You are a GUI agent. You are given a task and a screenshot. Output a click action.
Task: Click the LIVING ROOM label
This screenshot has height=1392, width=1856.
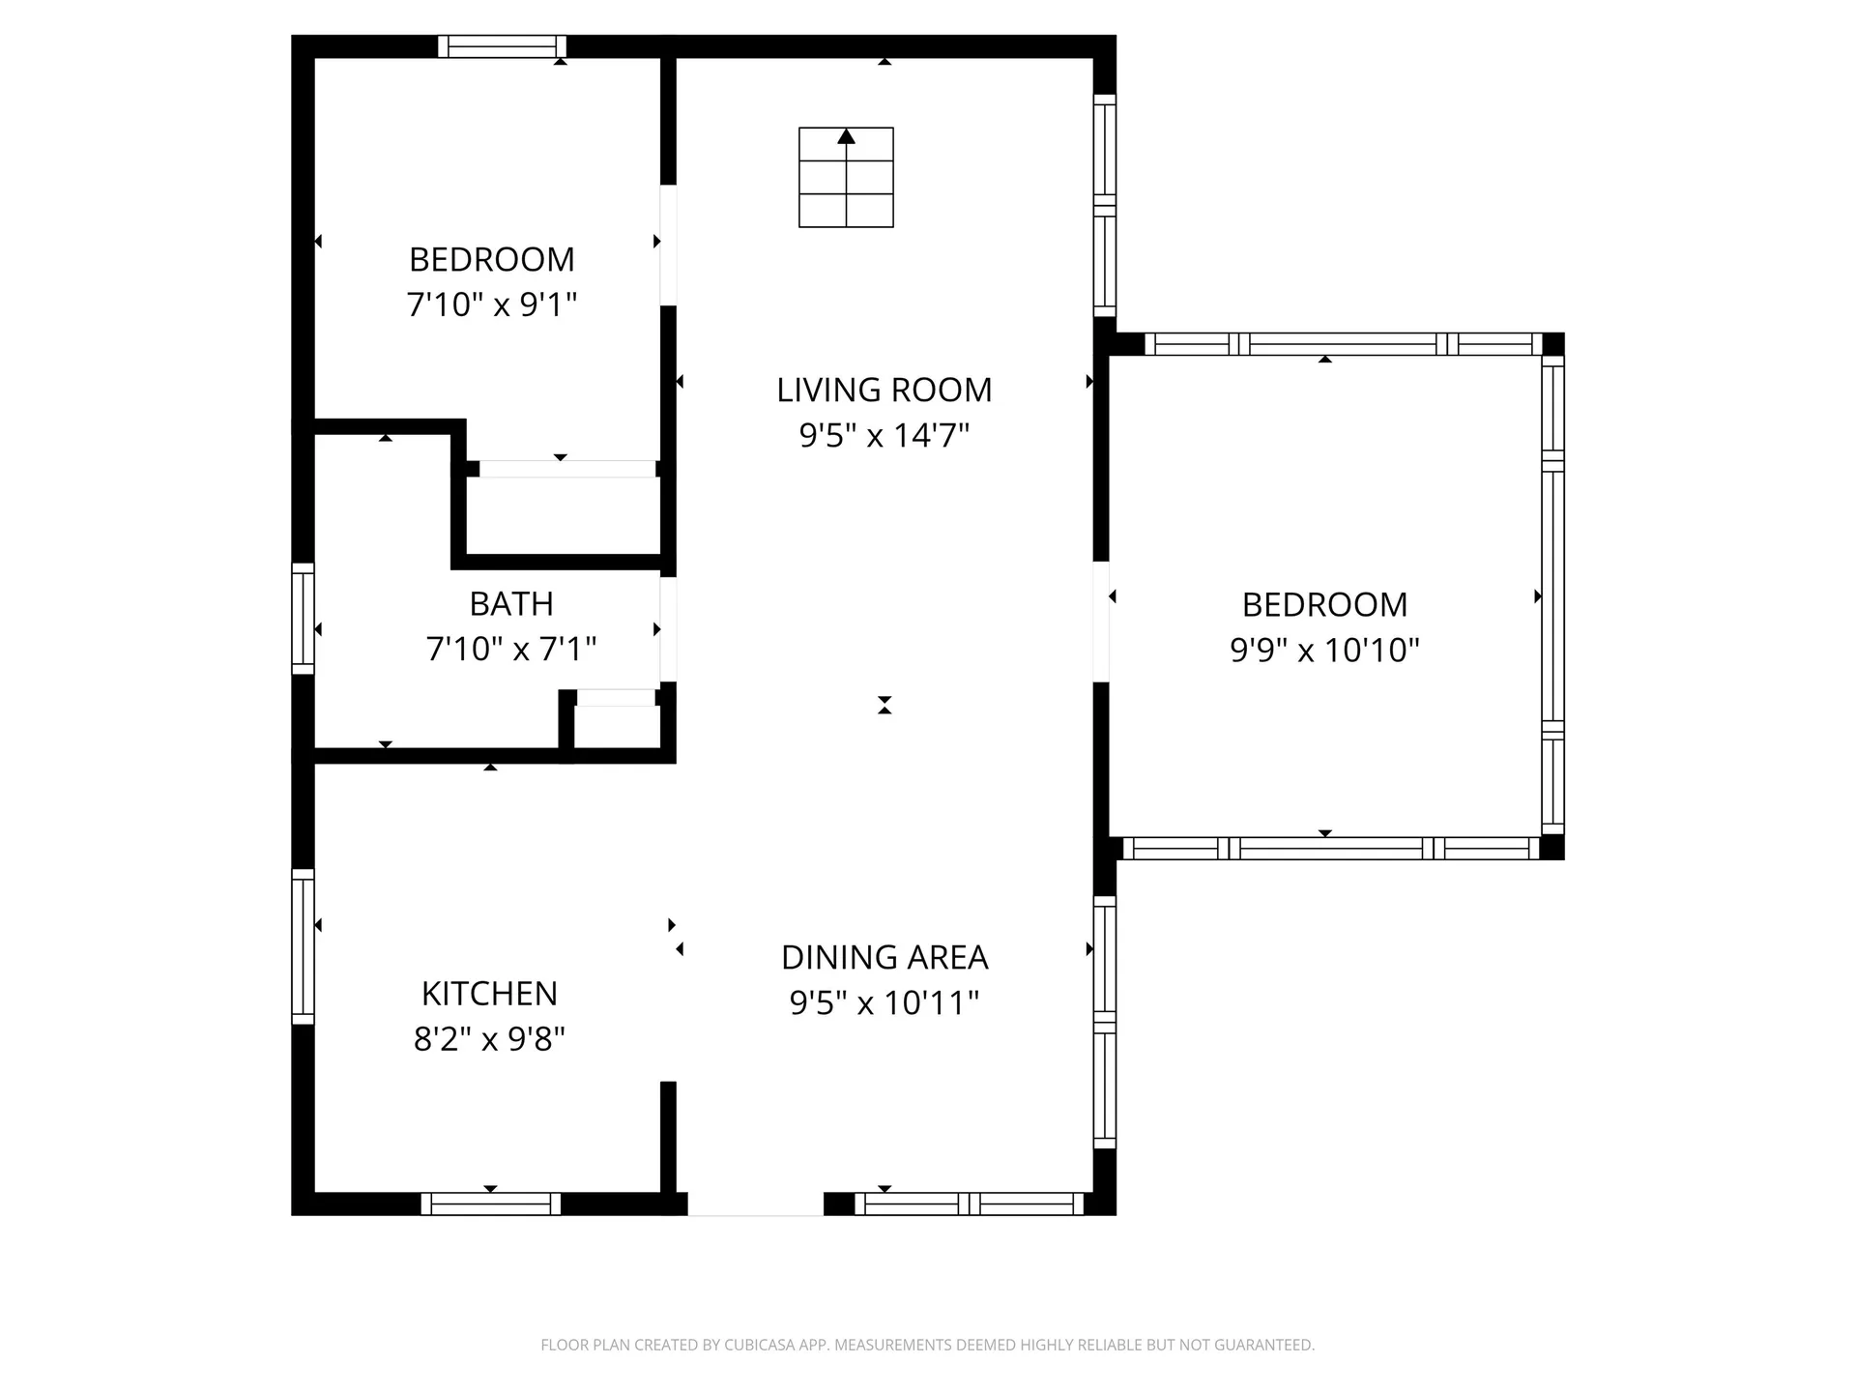(884, 390)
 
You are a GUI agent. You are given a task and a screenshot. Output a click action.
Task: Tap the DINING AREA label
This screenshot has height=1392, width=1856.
(884, 957)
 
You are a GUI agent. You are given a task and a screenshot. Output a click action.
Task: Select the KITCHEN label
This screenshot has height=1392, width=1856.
(489, 994)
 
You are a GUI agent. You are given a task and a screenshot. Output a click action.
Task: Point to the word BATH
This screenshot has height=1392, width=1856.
(511, 603)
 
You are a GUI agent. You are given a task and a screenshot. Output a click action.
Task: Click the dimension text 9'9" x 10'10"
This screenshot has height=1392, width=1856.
(1324, 650)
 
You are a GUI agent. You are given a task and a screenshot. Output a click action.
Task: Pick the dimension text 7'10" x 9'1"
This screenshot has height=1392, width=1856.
(492, 304)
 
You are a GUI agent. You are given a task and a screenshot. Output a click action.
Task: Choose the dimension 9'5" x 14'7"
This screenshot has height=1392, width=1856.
(884, 435)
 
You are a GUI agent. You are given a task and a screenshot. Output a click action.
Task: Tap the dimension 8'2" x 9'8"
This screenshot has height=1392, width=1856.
(489, 1039)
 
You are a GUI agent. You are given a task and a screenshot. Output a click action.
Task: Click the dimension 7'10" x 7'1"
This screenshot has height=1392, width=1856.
(511, 649)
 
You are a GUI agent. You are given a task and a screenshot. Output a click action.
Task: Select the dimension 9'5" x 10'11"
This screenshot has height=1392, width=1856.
(884, 1002)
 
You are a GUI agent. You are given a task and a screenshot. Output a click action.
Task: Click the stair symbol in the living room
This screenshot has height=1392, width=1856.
(846, 178)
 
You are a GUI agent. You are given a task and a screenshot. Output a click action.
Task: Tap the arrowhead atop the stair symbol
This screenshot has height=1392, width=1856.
(847, 136)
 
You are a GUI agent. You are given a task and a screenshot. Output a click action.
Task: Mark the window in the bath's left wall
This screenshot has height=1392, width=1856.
(303, 619)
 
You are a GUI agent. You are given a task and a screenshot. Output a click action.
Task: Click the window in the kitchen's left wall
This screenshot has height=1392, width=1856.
(303, 946)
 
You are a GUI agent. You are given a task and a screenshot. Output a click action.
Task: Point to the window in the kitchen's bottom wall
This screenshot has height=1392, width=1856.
(490, 1203)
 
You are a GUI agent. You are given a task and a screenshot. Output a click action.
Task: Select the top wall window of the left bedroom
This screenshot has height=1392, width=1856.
(502, 46)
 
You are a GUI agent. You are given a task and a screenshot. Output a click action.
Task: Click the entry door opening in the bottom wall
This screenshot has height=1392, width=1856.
(755, 1204)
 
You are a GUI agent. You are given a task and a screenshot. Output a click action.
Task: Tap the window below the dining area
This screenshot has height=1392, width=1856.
(970, 1203)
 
